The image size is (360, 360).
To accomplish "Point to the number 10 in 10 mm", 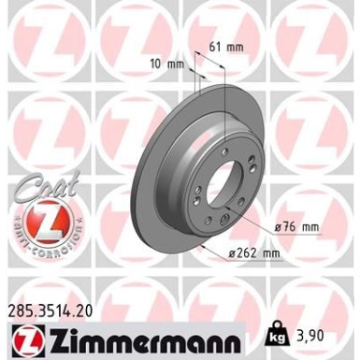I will [152, 64].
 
